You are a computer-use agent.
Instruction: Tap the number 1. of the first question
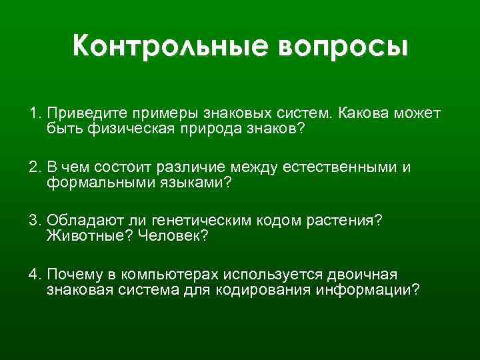pos(35,113)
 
